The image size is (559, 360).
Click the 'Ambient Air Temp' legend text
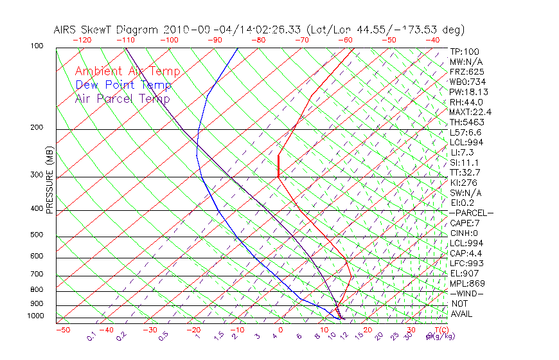point(127,71)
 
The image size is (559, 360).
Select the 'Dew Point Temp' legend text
point(123,85)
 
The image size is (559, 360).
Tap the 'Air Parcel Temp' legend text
point(123,98)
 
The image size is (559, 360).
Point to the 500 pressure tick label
point(36,235)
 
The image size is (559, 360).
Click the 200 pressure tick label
point(36,128)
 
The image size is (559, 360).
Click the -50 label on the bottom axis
point(62,330)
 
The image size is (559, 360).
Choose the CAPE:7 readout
point(465,223)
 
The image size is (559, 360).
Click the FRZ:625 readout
point(467,71)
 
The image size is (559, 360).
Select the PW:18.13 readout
point(469,92)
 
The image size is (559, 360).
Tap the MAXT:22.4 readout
point(471,112)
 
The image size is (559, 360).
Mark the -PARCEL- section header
point(471,213)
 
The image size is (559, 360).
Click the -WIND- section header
point(467,294)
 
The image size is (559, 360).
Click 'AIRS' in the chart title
point(67,30)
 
